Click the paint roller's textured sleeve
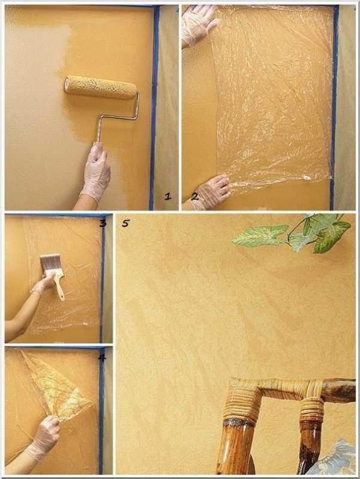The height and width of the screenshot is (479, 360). click(x=100, y=88)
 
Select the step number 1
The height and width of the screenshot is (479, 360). click(x=168, y=196)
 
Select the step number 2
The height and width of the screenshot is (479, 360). click(x=194, y=196)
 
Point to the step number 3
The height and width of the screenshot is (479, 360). click(x=103, y=223)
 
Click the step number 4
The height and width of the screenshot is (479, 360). click(x=102, y=357)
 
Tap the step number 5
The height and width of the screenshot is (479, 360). click(x=125, y=223)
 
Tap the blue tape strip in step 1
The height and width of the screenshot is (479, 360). click(x=154, y=108)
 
